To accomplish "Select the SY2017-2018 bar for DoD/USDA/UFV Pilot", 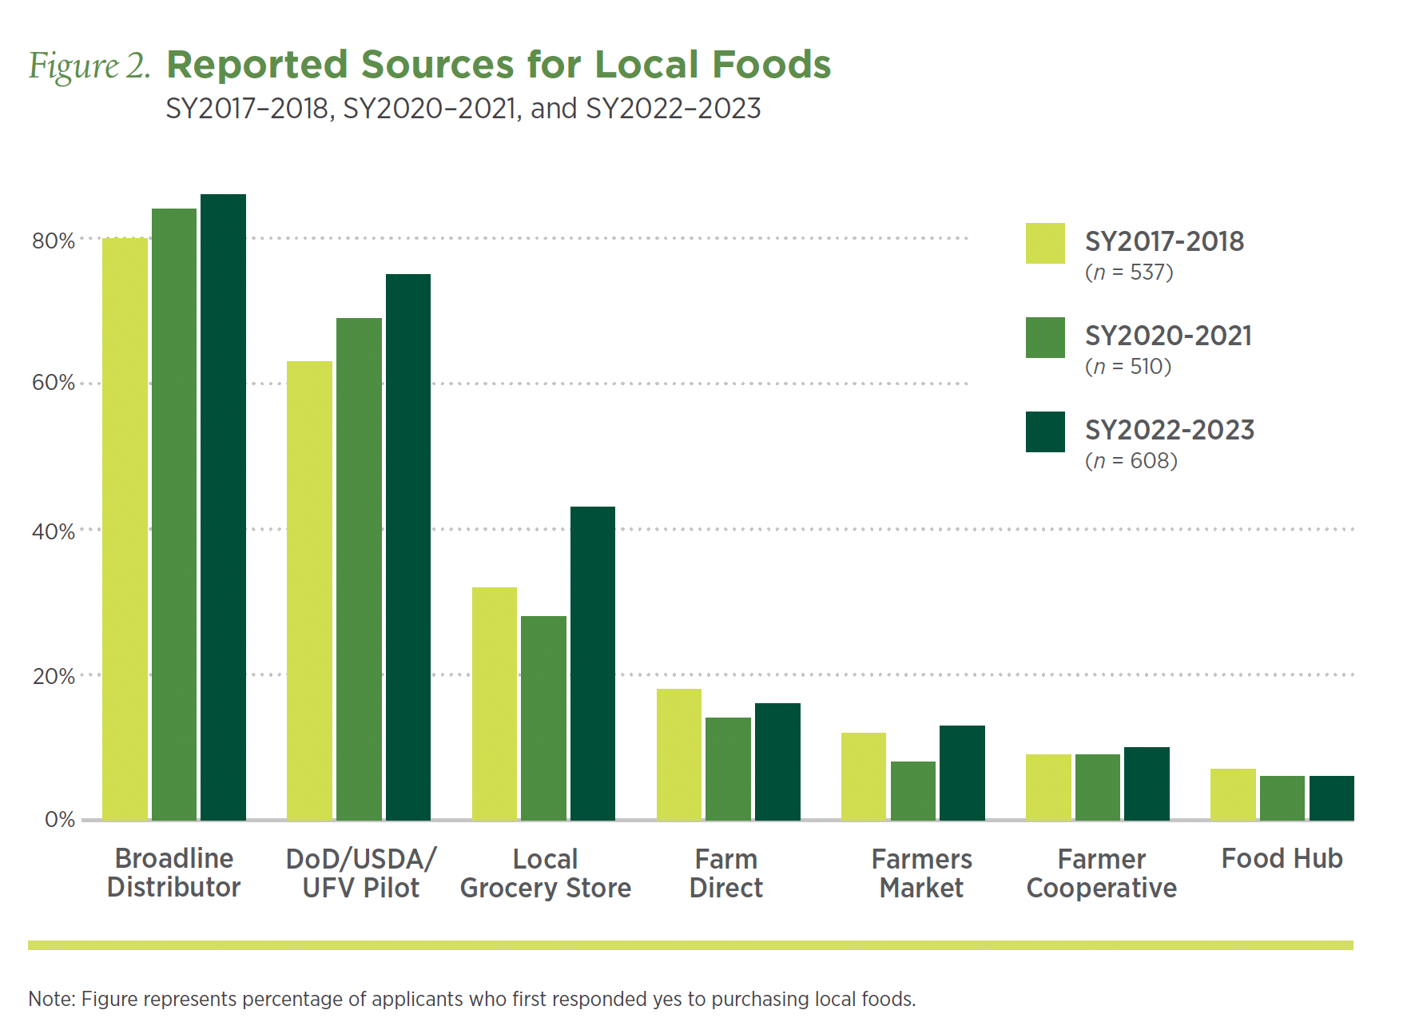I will tap(309, 591).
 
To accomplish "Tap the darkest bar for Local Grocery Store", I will tap(593, 663).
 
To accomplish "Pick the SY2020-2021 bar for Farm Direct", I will tap(728, 769).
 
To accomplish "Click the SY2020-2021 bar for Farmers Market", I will tap(912, 790).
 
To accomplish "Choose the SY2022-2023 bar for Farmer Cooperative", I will tap(1147, 784).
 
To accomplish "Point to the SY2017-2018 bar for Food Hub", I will tap(1233, 794).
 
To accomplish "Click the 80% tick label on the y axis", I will tap(54, 241).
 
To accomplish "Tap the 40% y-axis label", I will tap(54, 531).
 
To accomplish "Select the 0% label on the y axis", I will tap(60, 820).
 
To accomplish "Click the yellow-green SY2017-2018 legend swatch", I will tap(1045, 243).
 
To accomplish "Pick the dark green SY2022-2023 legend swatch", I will tap(1045, 431).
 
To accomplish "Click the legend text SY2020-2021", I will tap(1168, 336).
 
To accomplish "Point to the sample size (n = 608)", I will tap(1131, 461).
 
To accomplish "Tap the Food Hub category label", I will tap(1282, 858).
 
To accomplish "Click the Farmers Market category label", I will tap(921, 873).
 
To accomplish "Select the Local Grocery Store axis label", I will tap(545, 873).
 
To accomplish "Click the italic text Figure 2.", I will tap(89, 66).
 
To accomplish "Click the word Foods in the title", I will tap(771, 65).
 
